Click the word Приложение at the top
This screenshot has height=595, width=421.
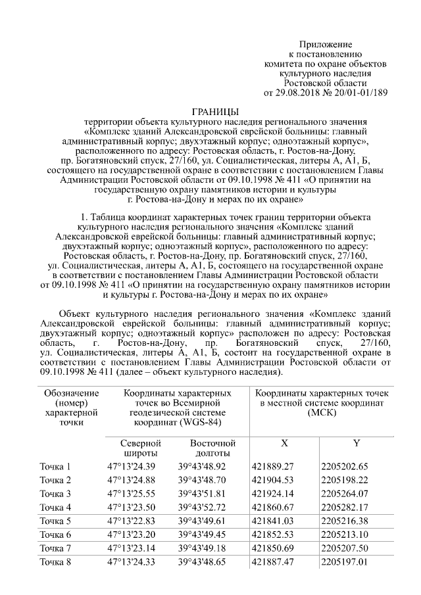pos(326,43)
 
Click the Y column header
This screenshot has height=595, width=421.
pos(356,442)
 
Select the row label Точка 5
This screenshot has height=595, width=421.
pos(55,521)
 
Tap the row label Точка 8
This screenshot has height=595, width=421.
pos(55,561)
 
